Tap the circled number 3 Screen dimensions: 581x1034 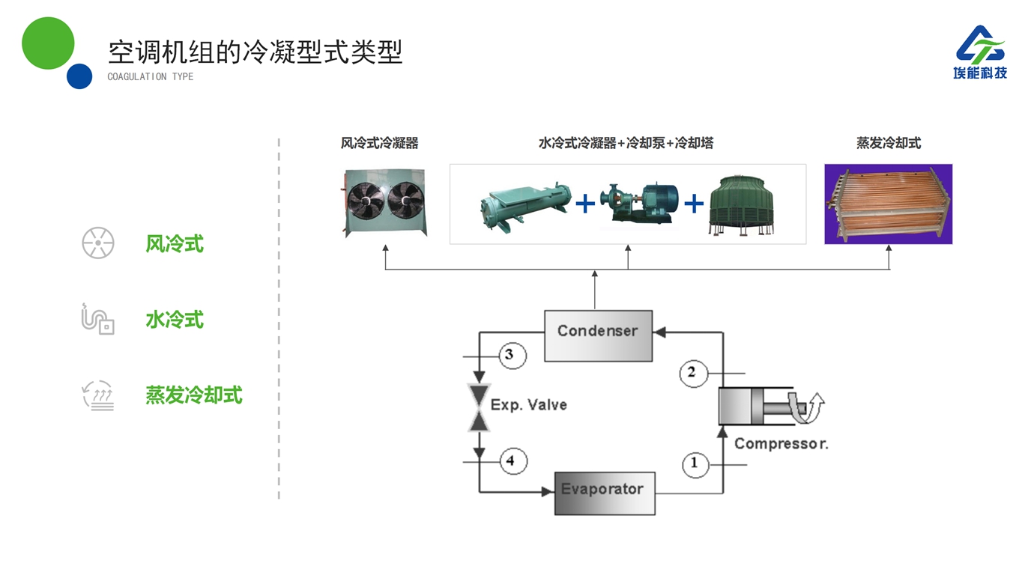tap(512, 354)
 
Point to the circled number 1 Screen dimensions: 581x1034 tap(695, 463)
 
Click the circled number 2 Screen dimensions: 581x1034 tap(693, 373)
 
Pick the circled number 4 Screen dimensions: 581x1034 tap(513, 460)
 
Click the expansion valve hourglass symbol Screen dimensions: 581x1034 tap(478, 407)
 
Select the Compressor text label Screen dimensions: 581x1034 tap(781, 443)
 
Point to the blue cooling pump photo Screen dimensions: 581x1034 tap(644, 203)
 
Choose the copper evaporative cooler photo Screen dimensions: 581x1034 tap(888, 204)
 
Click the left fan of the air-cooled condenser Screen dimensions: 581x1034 tap(365, 201)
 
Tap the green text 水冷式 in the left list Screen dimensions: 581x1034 tap(175, 320)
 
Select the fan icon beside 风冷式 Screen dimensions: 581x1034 tap(98, 243)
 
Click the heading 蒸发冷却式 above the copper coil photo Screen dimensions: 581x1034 tap(889, 143)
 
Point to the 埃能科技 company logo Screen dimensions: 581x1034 tap(980, 52)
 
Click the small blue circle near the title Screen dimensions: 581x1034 tap(79, 76)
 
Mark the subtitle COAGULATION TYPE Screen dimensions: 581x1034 tap(151, 76)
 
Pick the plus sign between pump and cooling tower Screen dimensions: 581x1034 tap(694, 204)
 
